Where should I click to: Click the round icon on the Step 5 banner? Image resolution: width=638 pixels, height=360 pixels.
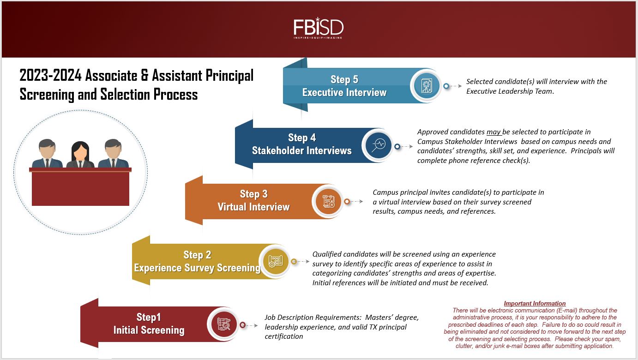[426, 86]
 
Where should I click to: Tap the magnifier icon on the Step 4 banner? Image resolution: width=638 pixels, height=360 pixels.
[378, 145]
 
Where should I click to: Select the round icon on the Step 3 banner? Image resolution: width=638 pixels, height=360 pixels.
[328, 201]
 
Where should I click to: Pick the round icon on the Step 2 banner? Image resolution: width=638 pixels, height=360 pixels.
[275, 261]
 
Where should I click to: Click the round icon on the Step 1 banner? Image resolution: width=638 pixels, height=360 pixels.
[223, 324]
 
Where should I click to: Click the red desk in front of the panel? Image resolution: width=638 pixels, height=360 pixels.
[80, 186]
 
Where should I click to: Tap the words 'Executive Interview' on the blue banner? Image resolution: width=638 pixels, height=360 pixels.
[344, 92]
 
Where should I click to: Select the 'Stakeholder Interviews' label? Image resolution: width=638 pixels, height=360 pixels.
[301, 150]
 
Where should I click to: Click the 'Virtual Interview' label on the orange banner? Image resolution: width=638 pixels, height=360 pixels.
[253, 207]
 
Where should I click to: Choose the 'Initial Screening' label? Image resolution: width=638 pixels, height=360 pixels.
[149, 330]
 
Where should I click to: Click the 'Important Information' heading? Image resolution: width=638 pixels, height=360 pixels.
[535, 303]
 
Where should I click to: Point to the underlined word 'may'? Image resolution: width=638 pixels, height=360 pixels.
[494, 132]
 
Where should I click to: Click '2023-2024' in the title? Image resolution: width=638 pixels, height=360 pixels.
[50, 76]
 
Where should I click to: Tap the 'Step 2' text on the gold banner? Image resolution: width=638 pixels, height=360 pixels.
[197, 255]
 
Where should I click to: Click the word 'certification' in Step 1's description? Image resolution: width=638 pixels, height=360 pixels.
[283, 336]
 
